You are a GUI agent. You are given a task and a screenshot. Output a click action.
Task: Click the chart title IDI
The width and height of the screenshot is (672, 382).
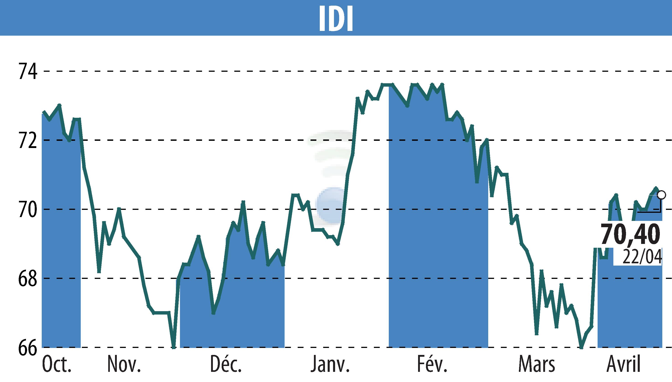pyautogui.click(x=336, y=18)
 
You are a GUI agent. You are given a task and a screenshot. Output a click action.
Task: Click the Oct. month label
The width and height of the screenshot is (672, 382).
pyautogui.click(x=57, y=364)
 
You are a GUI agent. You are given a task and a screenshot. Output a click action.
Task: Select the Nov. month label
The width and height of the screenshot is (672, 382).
pyautogui.click(x=124, y=364)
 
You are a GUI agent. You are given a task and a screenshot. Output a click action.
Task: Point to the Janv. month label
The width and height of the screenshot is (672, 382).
pyautogui.click(x=330, y=364)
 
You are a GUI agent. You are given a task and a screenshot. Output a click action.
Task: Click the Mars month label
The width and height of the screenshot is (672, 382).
pyautogui.click(x=537, y=364)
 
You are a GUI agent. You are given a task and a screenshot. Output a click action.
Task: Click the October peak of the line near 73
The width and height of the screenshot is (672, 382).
pyautogui.click(x=60, y=105)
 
